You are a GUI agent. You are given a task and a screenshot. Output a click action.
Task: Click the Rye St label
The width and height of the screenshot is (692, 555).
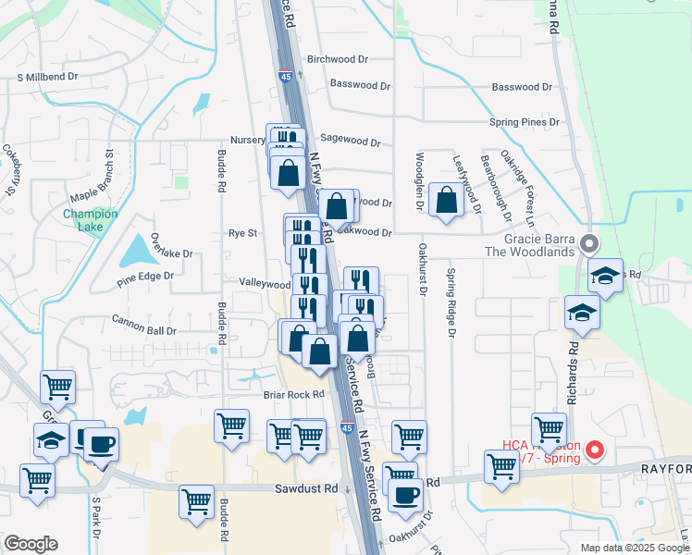[242, 234]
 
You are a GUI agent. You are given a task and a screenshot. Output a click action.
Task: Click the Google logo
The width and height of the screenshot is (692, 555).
[31, 544]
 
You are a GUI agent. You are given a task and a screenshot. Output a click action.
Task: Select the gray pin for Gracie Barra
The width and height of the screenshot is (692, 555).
[590, 244]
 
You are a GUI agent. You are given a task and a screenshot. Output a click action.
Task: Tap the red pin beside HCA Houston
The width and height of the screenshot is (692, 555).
[595, 451]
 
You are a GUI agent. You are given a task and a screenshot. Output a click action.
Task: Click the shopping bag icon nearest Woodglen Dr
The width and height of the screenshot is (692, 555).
[447, 199]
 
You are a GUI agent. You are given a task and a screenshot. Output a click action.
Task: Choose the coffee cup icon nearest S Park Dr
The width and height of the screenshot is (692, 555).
[102, 443]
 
